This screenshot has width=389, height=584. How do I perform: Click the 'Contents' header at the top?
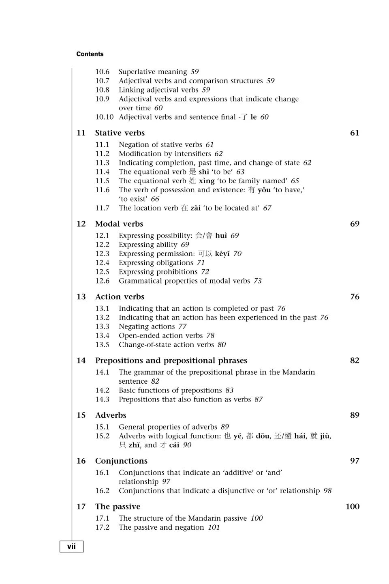(90, 54)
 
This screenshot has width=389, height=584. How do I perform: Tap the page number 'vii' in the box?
(71, 546)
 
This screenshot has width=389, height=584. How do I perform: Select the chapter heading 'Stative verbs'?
(120, 133)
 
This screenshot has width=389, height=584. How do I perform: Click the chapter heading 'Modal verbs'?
(119, 224)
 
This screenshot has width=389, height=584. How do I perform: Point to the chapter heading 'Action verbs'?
(120, 297)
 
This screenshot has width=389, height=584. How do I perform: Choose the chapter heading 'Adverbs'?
(111, 415)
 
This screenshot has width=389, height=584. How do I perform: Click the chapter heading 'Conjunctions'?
(121, 461)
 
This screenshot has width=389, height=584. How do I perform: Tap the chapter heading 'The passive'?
(118, 507)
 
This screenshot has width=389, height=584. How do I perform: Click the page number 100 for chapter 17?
(353, 507)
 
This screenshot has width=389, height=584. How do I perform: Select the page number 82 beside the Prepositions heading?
(355, 361)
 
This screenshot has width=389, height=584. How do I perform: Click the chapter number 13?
(81, 297)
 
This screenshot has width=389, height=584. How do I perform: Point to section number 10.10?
(105, 117)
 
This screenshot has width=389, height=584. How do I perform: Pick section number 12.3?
(102, 254)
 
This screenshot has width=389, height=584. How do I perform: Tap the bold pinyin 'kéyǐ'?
(222, 254)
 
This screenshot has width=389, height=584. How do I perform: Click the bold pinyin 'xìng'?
(206, 181)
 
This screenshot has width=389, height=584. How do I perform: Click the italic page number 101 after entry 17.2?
(214, 528)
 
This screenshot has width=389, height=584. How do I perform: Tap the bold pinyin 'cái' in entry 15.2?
(174, 445)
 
